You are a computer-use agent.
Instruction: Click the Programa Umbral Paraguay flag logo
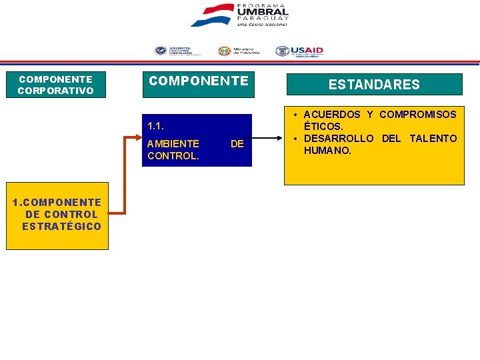[211, 15]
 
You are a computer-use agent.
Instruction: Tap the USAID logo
[299, 51]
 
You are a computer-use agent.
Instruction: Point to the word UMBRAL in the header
[263, 12]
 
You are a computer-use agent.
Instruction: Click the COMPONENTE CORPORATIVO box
[55, 85]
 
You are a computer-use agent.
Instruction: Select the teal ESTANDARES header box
[374, 85]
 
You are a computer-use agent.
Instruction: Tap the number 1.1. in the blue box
[155, 125]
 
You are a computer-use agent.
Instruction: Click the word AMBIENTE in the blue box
[173, 143]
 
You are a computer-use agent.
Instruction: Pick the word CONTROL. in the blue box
[173, 156]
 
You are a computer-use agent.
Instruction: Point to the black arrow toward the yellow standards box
[267, 139]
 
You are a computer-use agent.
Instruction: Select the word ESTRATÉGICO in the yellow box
[61, 227]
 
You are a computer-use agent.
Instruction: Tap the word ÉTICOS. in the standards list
[323, 127]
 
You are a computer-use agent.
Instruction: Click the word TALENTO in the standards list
[433, 139]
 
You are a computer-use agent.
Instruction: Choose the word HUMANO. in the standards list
[327, 151]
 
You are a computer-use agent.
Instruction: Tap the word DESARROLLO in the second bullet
[339, 139]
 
